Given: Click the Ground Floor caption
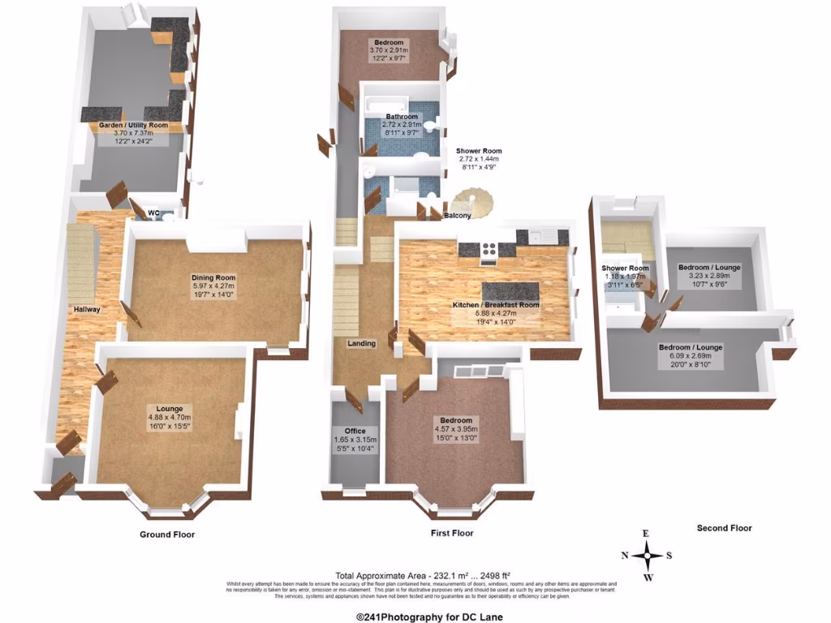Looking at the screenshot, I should [x=166, y=535].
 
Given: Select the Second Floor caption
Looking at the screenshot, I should [x=724, y=528].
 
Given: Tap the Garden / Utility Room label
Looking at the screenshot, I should [x=133, y=126].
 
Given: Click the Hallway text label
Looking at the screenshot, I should [x=86, y=309].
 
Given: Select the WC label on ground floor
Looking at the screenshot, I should [x=153, y=214].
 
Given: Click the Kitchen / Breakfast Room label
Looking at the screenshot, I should [x=495, y=305].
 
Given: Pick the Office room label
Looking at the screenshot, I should [x=355, y=431].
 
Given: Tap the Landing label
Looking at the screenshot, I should [x=361, y=343].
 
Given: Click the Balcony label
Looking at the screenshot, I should [x=459, y=217].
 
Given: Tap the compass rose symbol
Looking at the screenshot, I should [x=648, y=556].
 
